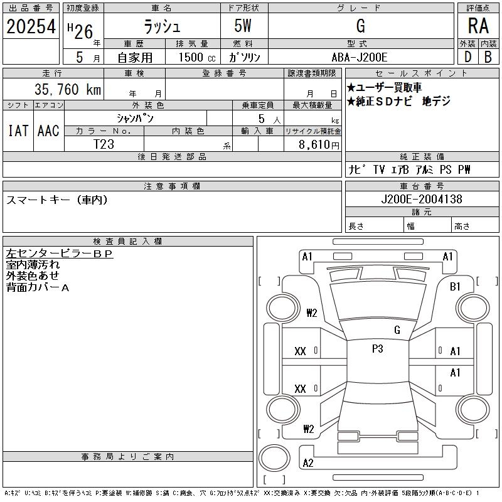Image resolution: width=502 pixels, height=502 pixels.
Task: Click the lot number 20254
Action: click(31, 26)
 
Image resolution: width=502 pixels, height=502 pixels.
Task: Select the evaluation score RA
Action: click(478, 26)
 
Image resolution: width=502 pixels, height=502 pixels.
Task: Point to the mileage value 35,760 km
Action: click(61, 90)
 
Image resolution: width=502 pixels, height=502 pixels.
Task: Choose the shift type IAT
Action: click(18, 131)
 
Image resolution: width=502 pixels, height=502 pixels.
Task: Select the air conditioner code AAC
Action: click(48, 131)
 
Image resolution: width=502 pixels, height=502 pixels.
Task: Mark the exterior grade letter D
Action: click(467, 57)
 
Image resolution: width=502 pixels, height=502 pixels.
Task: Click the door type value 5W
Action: click(244, 26)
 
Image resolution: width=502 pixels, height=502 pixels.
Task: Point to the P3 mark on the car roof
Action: click(377, 350)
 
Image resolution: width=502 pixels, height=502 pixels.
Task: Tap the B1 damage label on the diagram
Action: click(455, 286)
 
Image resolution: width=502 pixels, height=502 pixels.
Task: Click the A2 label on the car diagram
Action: click(307, 463)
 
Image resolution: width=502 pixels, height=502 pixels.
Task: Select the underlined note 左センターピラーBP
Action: click(59, 254)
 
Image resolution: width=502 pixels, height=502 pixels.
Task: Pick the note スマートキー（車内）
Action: click(56, 200)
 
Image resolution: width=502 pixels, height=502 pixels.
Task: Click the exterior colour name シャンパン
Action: click(135, 118)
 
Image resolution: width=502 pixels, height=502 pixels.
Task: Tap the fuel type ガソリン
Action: click(244, 57)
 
